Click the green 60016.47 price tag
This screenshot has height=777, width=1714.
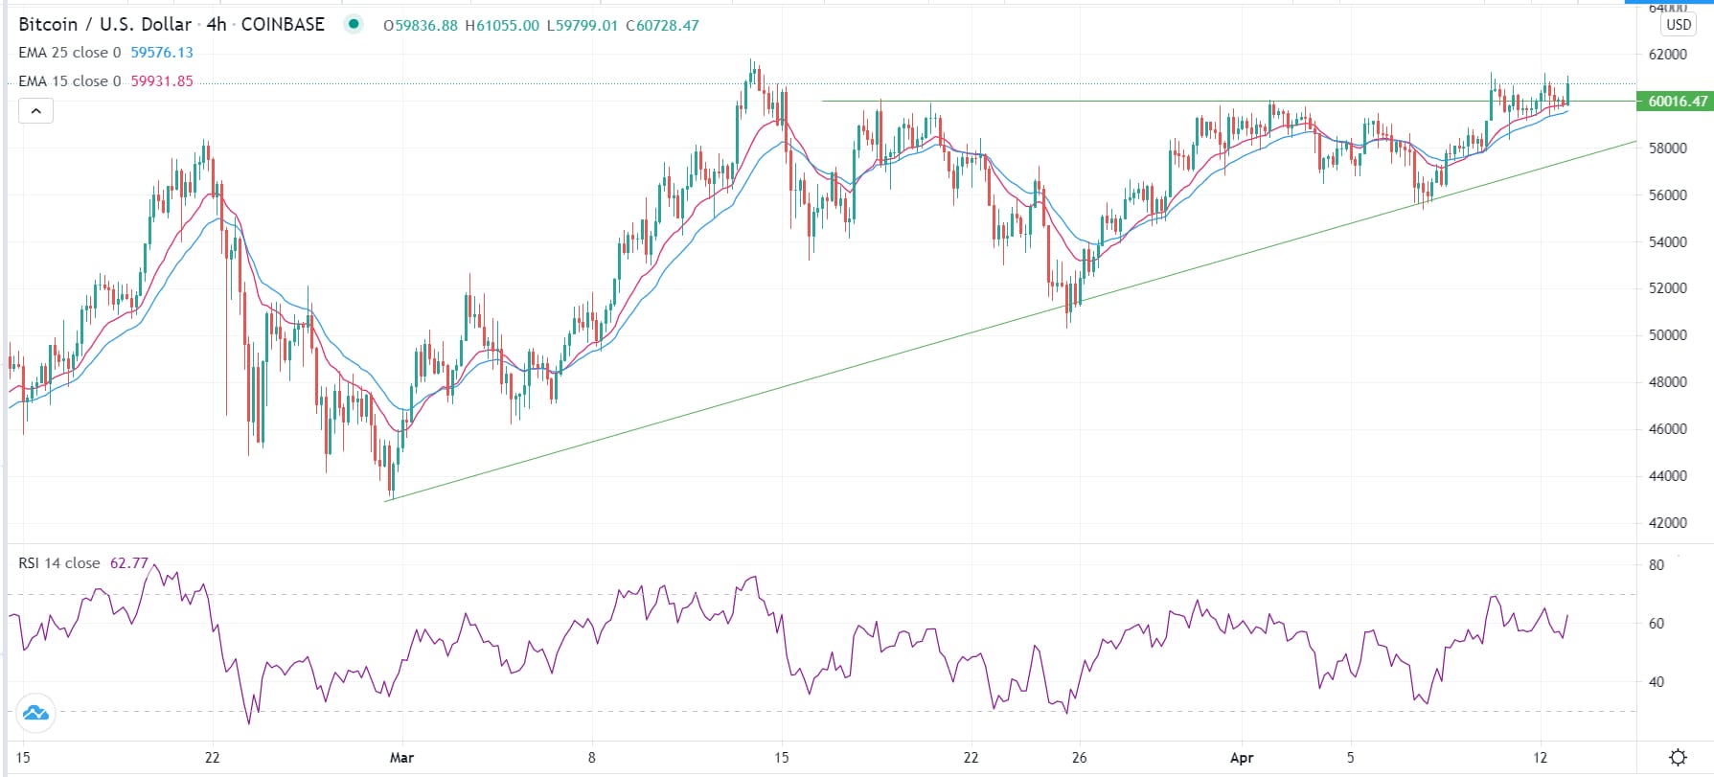1677,101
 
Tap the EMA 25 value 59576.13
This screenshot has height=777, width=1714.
162,53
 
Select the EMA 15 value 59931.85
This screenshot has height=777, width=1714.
162,81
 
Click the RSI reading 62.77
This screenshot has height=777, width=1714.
129,563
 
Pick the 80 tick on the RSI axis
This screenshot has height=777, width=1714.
1657,565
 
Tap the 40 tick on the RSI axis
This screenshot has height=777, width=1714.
1657,682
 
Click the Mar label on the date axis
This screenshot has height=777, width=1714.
401,758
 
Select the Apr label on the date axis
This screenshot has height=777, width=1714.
1241,758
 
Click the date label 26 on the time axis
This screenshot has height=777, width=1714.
1079,758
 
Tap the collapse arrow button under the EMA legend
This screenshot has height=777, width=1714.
35,111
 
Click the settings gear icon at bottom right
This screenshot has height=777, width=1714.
1678,757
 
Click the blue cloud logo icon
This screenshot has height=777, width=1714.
35,713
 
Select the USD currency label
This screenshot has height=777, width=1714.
1678,25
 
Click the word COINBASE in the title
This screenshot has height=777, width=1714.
283,25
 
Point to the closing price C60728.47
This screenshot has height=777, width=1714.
662,26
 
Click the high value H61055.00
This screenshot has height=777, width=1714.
502,26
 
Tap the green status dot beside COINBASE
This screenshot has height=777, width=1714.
354,25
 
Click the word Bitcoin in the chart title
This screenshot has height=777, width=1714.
48,25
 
